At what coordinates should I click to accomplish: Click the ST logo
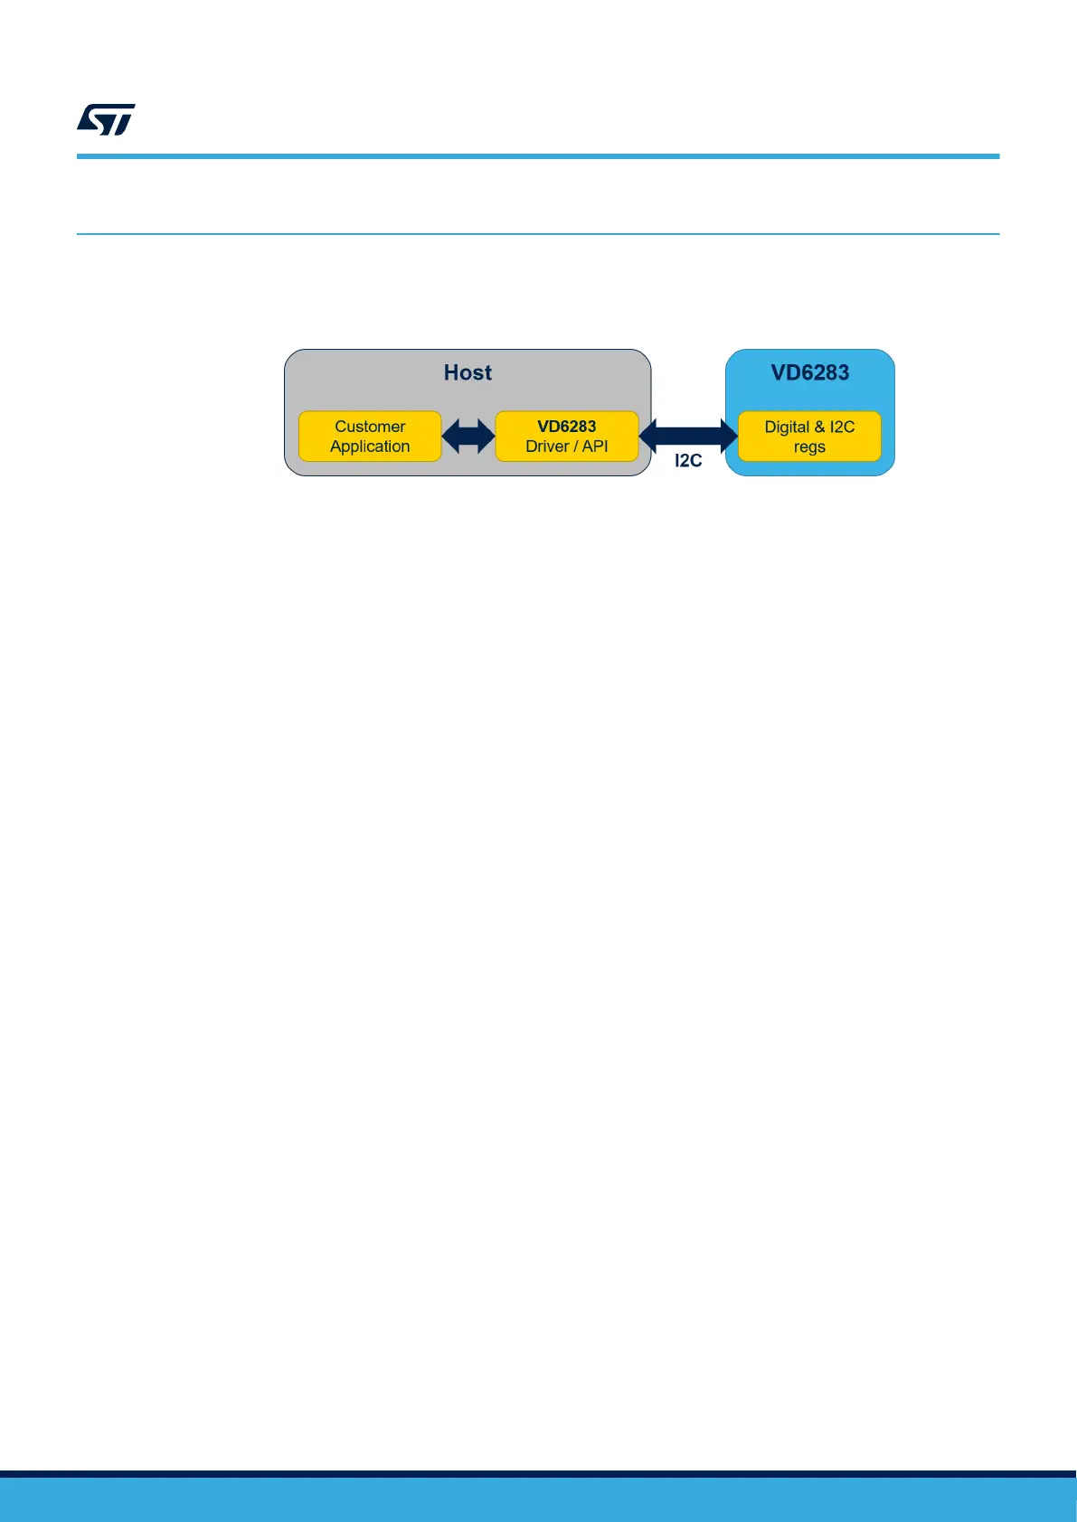click(107, 119)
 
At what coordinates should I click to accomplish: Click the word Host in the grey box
click(468, 372)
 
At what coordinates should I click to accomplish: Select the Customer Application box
click(370, 437)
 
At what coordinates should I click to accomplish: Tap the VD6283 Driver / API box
click(567, 437)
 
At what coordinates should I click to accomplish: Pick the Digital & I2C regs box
click(809, 437)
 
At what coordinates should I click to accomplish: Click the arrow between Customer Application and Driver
click(468, 437)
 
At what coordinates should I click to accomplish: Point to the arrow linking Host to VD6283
click(688, 436)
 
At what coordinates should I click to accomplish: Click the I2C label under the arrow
click(688, 461)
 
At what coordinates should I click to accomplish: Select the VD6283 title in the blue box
click(809, 372)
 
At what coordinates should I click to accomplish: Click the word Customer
click(370, 427)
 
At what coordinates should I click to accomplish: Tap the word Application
click(370, 446)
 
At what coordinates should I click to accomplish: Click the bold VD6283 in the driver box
click(567, 427)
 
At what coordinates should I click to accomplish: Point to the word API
click(595, 446)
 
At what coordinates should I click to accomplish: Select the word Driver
click(547, 446)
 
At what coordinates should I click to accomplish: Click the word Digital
click(787, 427)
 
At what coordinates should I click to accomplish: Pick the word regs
click(809, 447)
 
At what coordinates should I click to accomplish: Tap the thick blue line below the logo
click(538, 156)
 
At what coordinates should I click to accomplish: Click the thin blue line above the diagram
click(538, 234)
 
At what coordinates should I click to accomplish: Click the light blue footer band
click(538, 1500)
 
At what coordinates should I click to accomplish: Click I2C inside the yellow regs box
click(842, 427)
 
